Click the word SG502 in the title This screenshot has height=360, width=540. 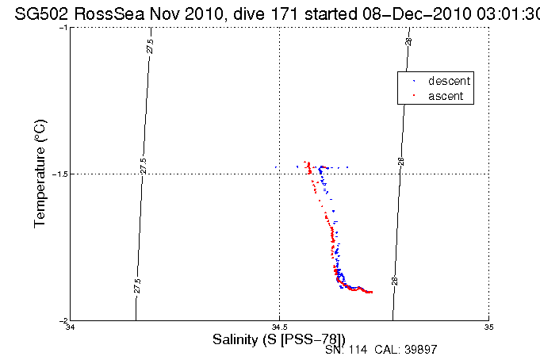coord(36,12)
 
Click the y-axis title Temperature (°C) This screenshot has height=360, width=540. coord(40,174)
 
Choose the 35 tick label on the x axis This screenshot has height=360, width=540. coord(488,327)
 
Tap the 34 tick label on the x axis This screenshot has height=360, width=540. coord(70,327)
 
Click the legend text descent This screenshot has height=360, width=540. coord(449,81)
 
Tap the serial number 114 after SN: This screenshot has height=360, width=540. coord(357,350)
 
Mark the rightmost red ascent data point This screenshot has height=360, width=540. coord(371,293)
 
